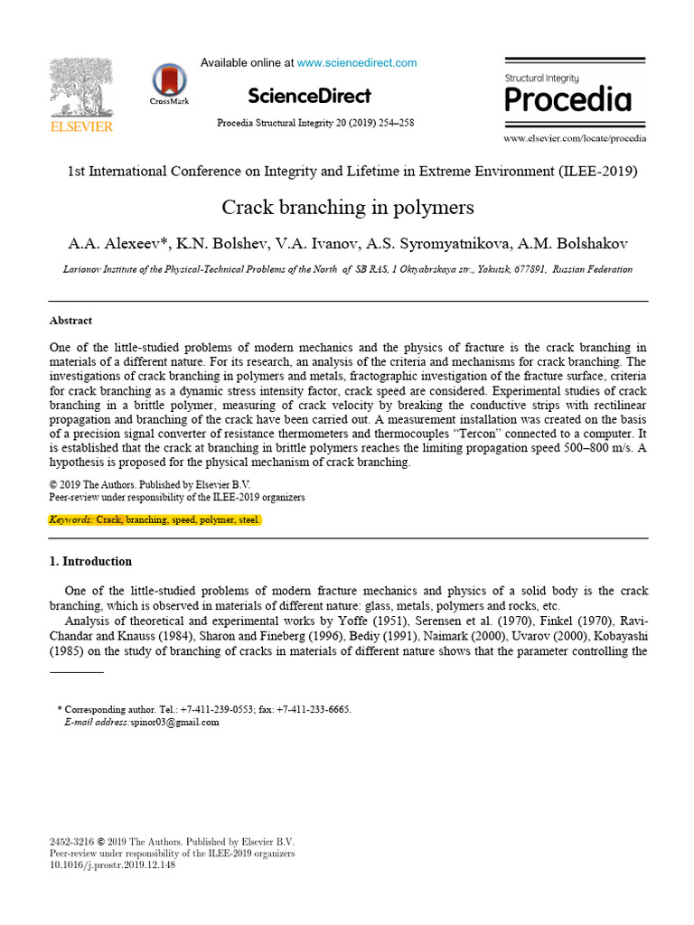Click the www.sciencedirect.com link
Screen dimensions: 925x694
click(357, 62)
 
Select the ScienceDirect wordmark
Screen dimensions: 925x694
click(308, 96)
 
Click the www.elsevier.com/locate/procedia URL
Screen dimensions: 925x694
click(575, 138)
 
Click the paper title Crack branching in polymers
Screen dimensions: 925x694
click(348, 208)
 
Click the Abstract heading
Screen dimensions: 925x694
click(70, 321)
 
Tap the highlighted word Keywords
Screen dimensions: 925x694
click(70, 520)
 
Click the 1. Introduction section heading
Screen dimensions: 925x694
click(90, 561)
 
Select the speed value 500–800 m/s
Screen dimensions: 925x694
click(596, 449)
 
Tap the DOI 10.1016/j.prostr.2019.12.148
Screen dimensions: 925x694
click(112, 864)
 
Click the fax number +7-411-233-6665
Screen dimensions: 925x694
click(312, 709)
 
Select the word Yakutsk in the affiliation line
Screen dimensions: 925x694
click(475, 269)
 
